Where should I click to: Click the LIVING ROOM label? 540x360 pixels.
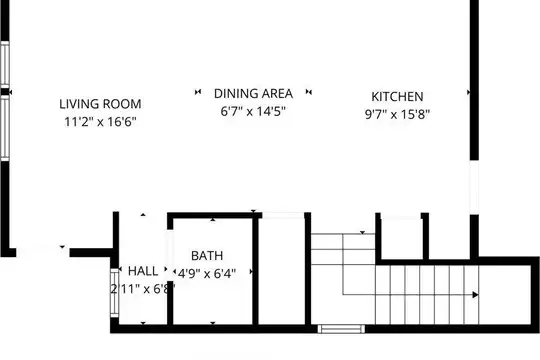tap(100, 104)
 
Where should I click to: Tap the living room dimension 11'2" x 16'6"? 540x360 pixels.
tap(100, 121)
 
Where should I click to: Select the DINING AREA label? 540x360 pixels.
tap(253, 93)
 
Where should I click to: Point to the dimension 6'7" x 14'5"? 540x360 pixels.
tap(253, 111)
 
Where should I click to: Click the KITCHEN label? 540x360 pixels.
tap(397, 96)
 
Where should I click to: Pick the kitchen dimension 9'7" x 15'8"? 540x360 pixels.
tap(397, 114)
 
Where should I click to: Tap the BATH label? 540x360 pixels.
tap(207, 256)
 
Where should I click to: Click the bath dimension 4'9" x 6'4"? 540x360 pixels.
tap(207, 274)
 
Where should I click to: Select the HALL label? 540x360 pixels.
tap(143, 271)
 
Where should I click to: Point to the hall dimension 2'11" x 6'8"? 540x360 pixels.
tap(143, 288)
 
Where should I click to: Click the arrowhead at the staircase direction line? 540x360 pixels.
tap(475, 295)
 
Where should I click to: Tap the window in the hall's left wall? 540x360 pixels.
tap(114, 292)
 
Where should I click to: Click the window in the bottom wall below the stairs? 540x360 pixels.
tap(341, 329)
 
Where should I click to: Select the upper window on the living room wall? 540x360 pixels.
tap(5, 64)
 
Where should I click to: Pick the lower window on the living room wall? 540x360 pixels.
tap(5, 127)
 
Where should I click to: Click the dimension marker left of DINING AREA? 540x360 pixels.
tap(198, 92)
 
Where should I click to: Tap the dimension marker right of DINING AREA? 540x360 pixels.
tap(309, 92)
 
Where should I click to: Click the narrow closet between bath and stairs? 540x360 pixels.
tap(281, 271)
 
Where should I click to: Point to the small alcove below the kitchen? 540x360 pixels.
tap(401, 238)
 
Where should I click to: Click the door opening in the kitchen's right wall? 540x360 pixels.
tap(474, 187)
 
